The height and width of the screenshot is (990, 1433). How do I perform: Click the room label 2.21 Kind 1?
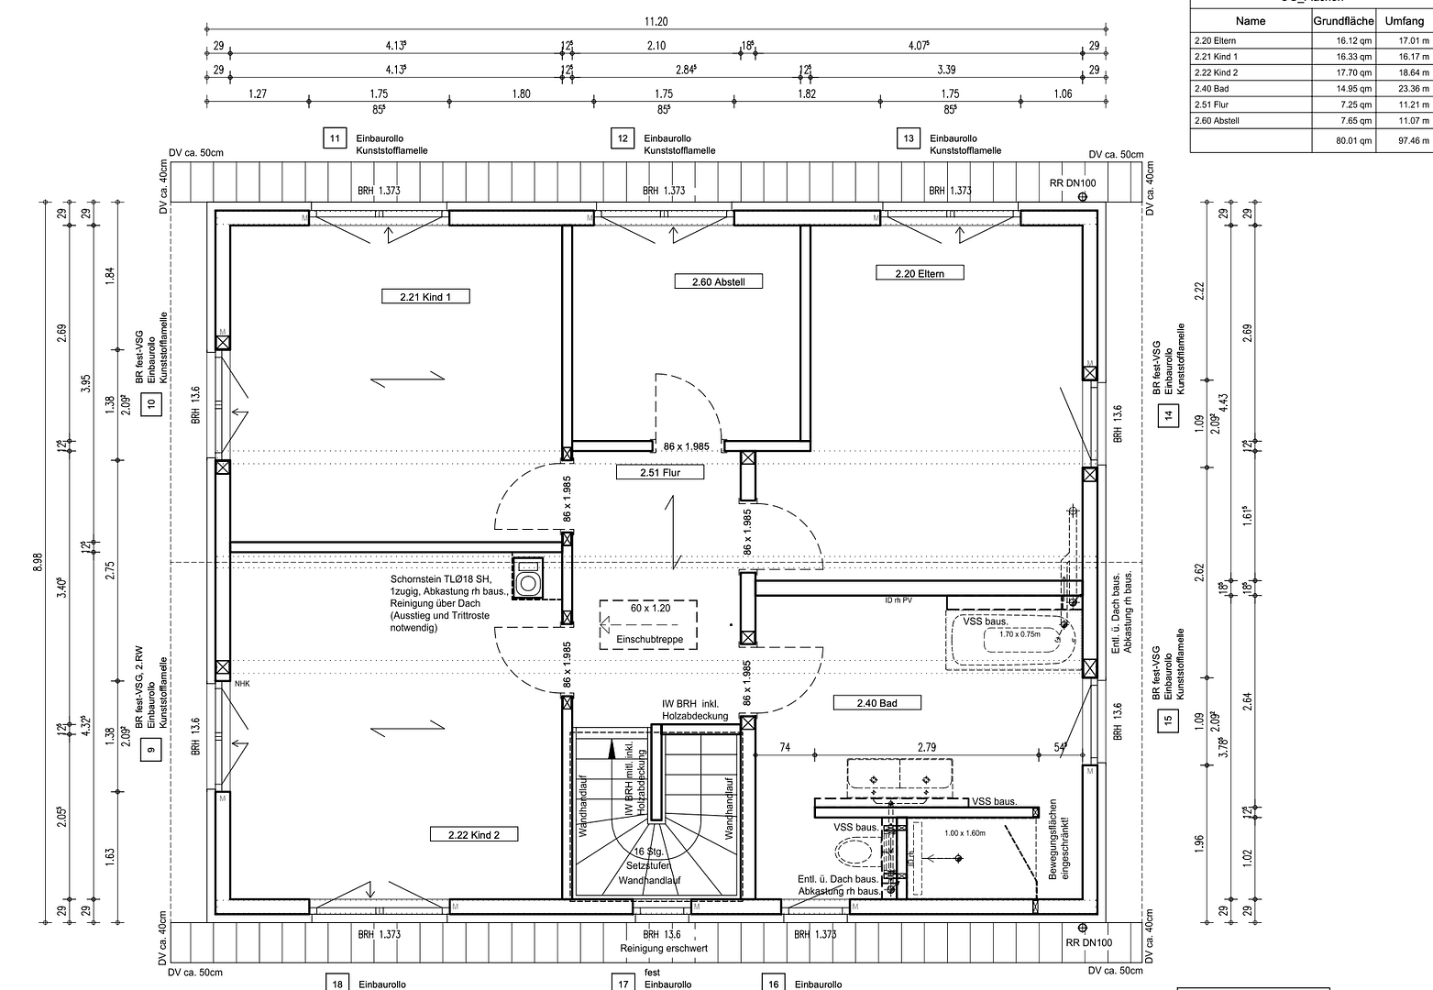[x=424, y=296]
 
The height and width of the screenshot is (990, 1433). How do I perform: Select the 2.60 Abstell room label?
[x=719, y=281]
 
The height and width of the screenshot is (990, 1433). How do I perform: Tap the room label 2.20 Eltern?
[x=919, y=272]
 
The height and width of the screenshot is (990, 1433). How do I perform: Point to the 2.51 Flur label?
[x=659, y=473]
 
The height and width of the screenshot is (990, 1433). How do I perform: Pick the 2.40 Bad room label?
[x=876, y=703]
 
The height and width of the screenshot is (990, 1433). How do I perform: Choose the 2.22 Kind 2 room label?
[x=474, y=834]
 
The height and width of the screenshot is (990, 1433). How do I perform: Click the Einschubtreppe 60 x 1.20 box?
[x=648, y=624]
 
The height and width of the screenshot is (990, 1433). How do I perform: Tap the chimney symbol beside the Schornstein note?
[x=528, y=579]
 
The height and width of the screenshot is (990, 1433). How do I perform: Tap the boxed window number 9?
[x=152, y=750]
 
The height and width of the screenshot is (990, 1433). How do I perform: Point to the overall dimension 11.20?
[x=656, y=21]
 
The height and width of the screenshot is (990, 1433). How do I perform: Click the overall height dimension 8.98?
[x=38, y=560]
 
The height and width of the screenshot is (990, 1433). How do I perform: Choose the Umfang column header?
[x=1404, y=20]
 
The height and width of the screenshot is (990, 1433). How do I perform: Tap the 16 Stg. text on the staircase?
[x=648, y=852]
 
